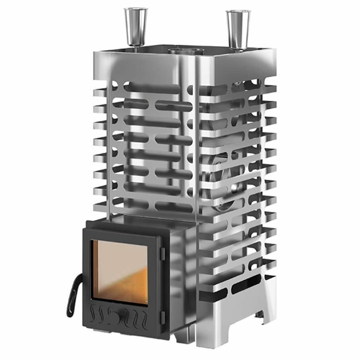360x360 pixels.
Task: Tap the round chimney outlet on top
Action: (186, 52)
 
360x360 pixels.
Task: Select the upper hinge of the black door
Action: (163, 253)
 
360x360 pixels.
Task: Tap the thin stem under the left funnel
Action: (135, 48)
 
